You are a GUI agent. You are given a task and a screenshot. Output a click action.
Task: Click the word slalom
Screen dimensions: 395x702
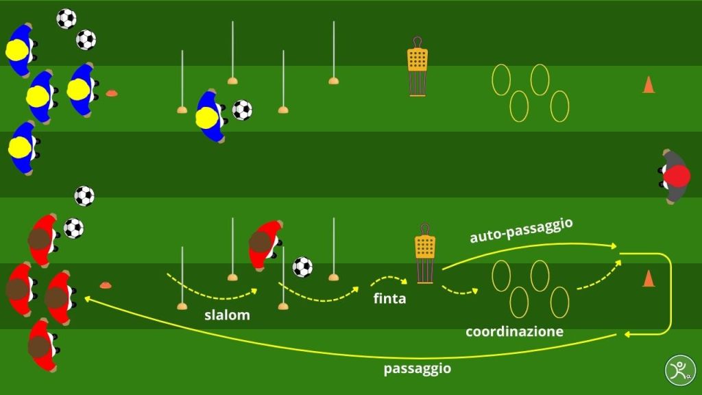click(227, 315)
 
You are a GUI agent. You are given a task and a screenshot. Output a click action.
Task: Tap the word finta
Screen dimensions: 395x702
click(390, 298)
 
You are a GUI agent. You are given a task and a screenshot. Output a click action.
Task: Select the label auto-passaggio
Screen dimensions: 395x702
click(521, 231)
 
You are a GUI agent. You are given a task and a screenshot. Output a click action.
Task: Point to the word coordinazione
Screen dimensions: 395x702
click(514, 332)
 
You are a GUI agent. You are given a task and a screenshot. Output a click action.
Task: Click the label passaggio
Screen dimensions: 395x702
click(417, 368)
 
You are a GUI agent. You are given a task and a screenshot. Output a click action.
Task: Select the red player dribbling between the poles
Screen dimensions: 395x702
click(264, 243)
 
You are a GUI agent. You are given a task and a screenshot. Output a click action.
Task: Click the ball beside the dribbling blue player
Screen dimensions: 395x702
click(242, 110)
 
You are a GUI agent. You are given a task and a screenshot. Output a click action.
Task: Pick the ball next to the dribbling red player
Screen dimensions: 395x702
click(302, 267)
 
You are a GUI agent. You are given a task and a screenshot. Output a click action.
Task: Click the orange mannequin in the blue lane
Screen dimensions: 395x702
click(417, 71)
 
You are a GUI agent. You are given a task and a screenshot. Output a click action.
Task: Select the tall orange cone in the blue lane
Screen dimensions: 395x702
click(648, 85)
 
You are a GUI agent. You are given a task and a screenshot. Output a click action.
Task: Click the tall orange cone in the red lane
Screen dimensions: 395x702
click(648, 278)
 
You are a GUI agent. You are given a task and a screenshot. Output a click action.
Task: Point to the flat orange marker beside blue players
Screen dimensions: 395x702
click(111, 93)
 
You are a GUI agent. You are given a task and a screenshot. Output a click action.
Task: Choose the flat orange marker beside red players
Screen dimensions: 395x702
click(105, 285)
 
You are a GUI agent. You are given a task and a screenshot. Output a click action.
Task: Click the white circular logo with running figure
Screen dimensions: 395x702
click(679, 370)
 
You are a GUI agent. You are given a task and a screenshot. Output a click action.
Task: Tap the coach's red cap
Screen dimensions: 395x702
click(679, 177)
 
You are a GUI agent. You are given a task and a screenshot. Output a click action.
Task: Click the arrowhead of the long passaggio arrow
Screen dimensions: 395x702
click(86, 298)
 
